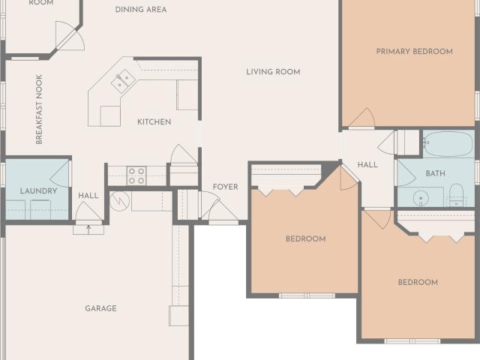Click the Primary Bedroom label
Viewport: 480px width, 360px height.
(414, 52)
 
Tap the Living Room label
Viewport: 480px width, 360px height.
(273, 72)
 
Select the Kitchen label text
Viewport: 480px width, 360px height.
(154, 121)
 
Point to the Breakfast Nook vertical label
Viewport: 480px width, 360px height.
(39, 109)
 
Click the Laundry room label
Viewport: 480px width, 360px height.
(38, 191)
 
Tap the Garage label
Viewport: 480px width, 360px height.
(100, 308)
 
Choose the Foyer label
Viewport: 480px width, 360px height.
(225, 187)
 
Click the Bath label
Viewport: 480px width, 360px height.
(435, 173)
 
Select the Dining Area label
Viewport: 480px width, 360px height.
(141, 10)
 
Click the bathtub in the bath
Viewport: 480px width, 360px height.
(448, 144)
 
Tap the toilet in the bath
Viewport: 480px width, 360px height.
(457, 195)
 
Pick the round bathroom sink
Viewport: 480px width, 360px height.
(421, 198)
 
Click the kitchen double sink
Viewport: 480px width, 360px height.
(124, 80)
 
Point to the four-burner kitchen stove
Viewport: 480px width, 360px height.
(136, 176)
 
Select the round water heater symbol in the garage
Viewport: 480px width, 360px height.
(120, 201)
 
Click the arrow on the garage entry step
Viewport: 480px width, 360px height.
(88, 229)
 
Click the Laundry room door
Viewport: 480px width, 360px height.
(60, 174)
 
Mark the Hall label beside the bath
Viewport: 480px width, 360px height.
(367, 165)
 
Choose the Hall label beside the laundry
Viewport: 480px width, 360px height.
(88, 196)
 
